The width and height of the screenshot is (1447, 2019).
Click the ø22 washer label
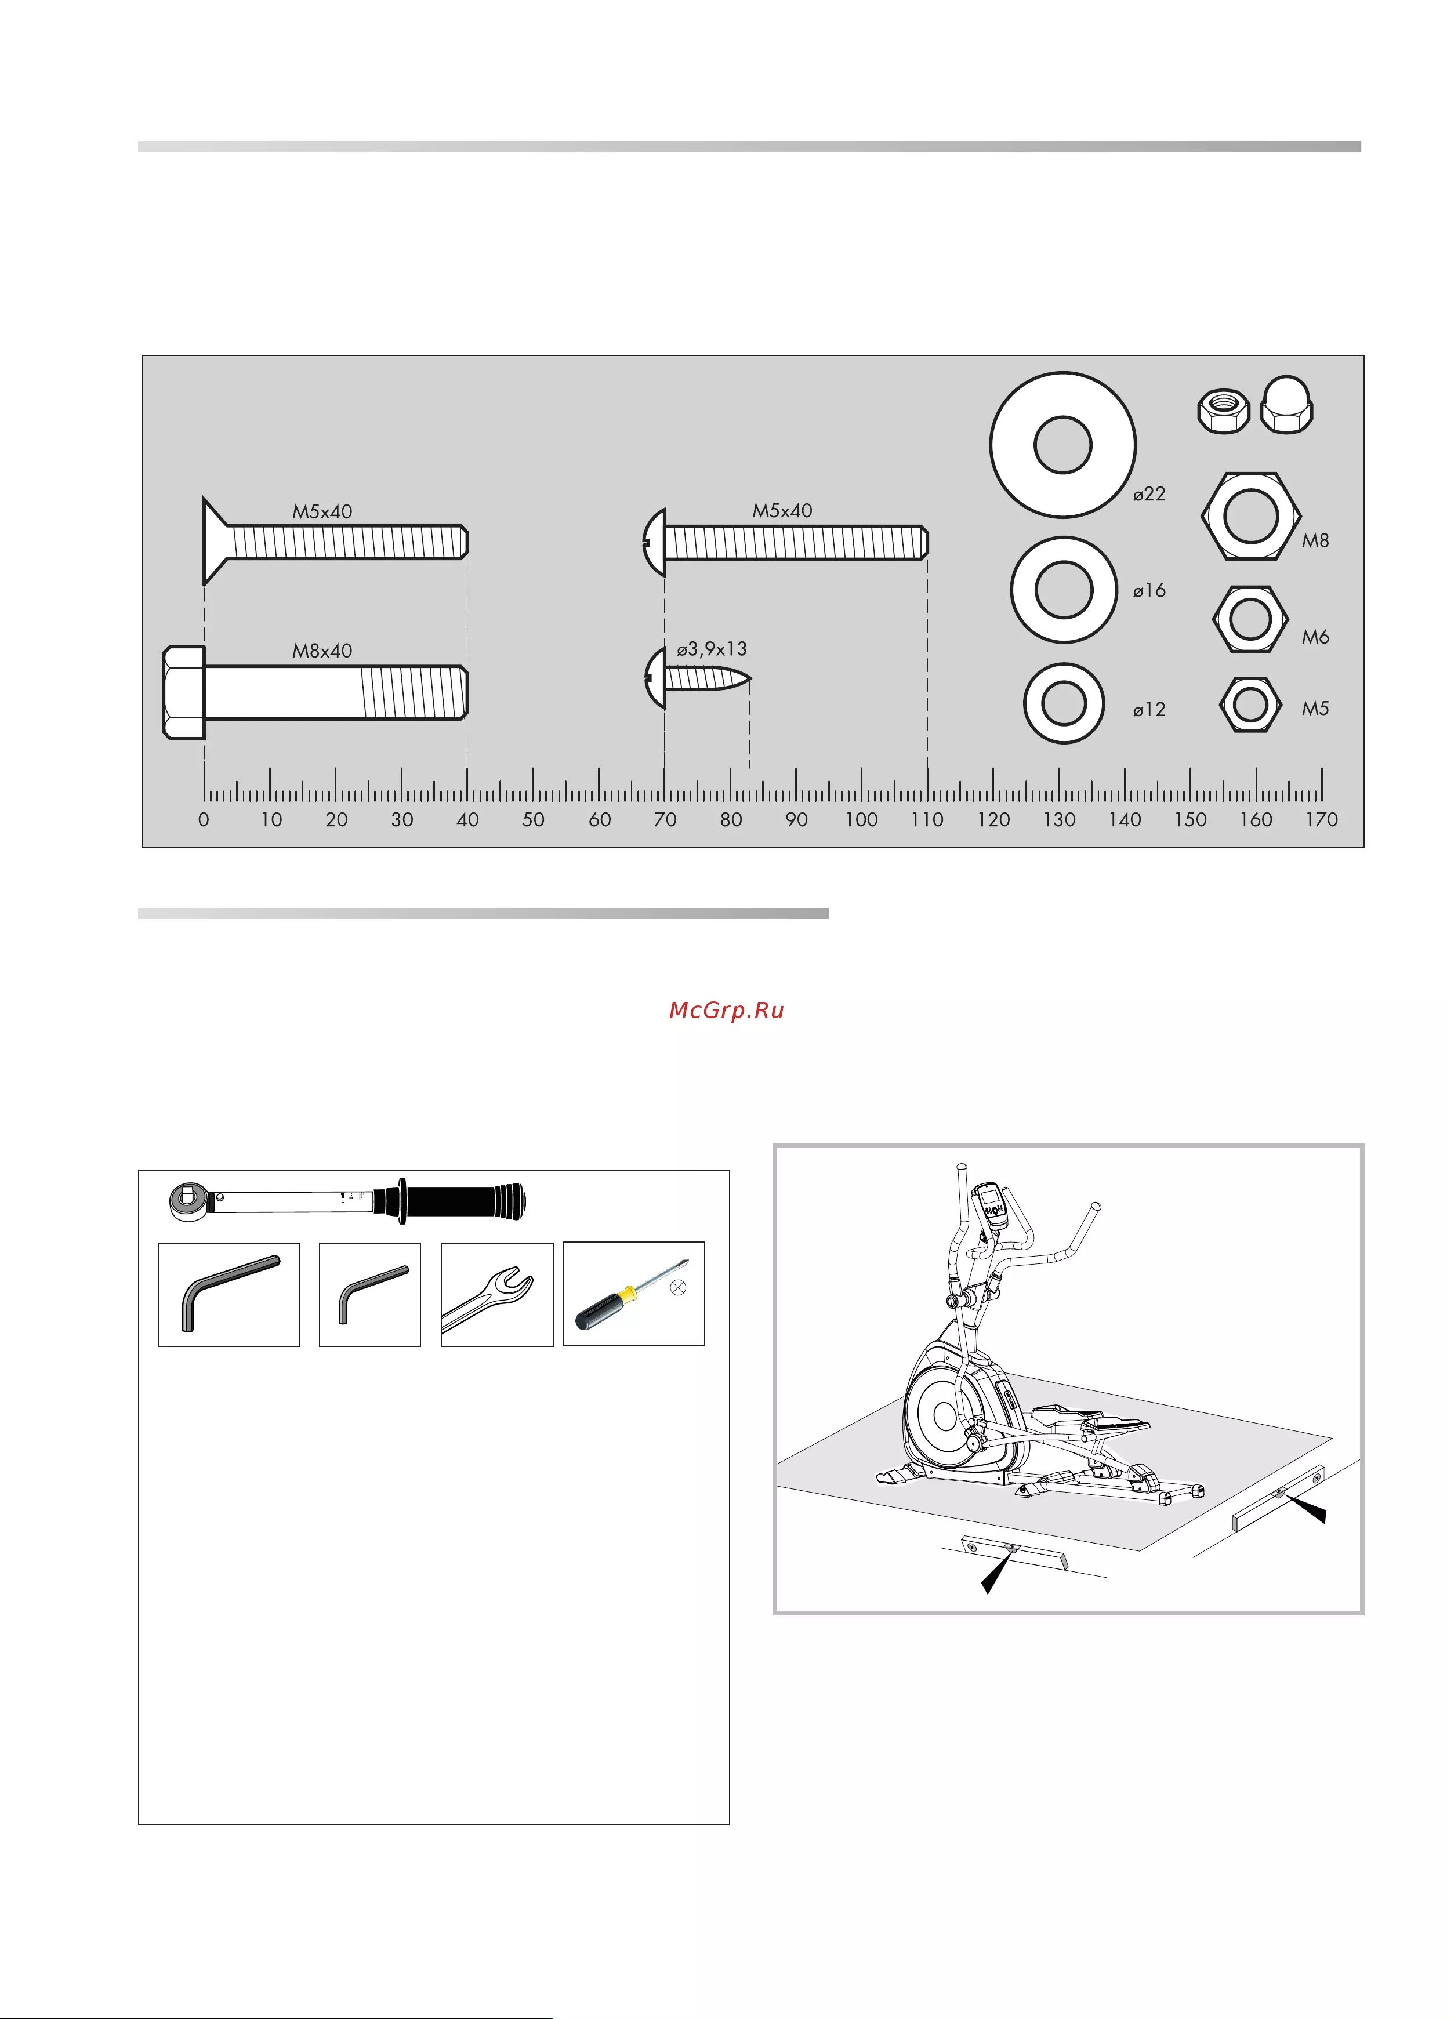[1149, 494]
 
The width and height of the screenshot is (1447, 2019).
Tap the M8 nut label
[1315, 540]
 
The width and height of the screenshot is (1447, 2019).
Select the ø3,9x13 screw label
[712, 649]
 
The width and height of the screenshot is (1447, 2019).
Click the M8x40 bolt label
[322, 651]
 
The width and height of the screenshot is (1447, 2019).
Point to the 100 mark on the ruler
[861, 819]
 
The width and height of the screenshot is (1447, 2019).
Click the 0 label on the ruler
[204, 819]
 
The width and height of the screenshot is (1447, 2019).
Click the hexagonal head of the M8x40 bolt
[183, 692]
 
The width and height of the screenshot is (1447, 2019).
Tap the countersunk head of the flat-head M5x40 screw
[215, 540]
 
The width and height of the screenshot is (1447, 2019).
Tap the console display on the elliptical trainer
[989, 1205]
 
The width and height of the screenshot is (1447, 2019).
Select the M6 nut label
[1315, 637]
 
